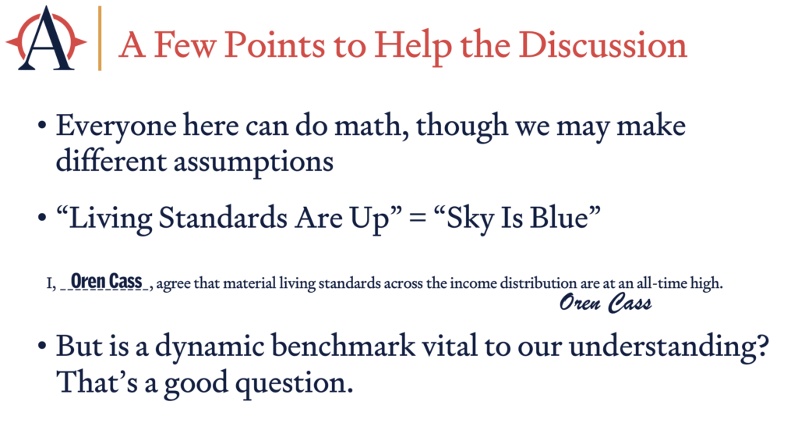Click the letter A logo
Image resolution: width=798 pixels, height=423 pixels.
tap(46, 39)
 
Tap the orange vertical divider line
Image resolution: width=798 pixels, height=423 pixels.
tap(100, 38)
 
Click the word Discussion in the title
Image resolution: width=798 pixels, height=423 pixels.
tap(603, 44)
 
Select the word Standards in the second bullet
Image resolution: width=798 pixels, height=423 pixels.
tap(223, 218)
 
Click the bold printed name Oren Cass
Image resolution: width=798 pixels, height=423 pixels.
tap(106, 281)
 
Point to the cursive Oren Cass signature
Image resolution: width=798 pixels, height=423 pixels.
tap(606, 303)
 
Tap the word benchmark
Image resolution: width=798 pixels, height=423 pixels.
tap(343, 346)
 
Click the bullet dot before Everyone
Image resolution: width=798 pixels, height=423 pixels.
tap(42, 126)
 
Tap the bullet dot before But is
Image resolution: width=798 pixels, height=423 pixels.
tap(42, 347)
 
